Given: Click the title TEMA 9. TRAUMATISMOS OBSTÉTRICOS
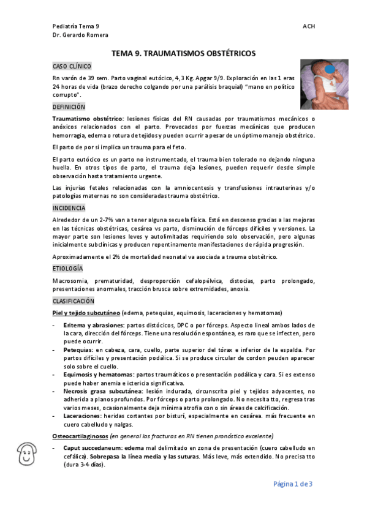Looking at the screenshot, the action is click(x=183, y=53).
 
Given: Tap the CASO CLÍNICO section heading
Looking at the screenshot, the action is click(x=72, y=65).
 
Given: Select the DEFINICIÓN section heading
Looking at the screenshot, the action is click(x=69, y=106).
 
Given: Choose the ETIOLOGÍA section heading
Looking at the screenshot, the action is click(x=68, y=268).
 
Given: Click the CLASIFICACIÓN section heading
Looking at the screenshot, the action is click(x=74, y=301).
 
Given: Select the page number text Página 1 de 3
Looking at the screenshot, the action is click(x=293, y=484).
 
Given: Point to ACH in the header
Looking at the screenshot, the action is click(x=309, y=26).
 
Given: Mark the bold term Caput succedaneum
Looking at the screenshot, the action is click(x=93, y=448).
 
